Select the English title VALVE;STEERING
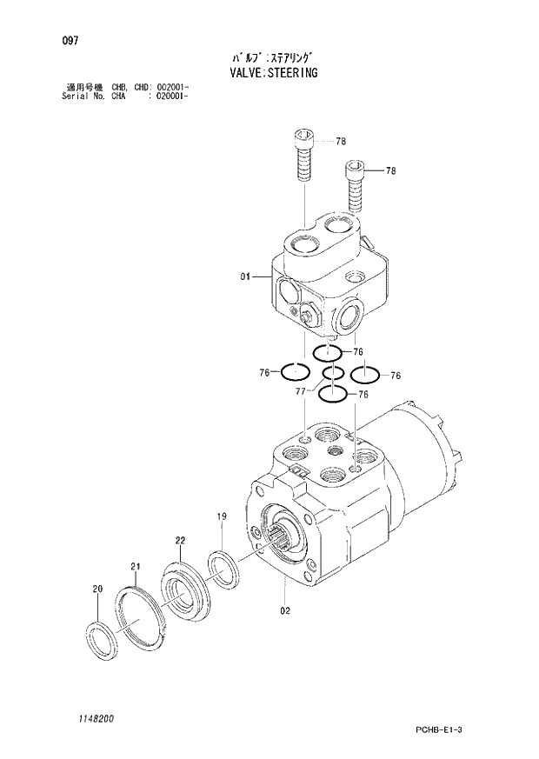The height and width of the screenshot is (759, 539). (273, 73)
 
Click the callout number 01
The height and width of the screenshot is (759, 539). (245, 276)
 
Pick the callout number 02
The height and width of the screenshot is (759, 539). (284, 609)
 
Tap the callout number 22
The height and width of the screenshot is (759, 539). (180, 540)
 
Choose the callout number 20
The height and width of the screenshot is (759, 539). (96, 589)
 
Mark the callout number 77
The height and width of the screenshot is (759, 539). (302, 392)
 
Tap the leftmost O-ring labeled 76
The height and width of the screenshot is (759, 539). (295, 373)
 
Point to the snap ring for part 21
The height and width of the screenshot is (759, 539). (140, 617)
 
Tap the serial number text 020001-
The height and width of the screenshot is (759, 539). (171, 97)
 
